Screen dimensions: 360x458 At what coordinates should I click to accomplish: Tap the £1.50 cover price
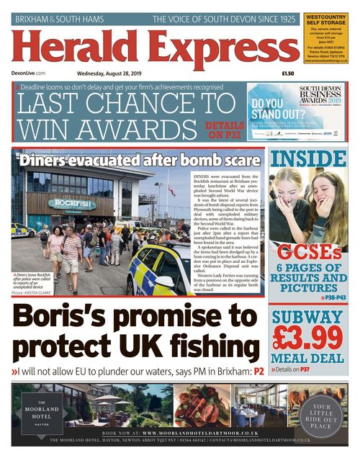(x=287, y=73)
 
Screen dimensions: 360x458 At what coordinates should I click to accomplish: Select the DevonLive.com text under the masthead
(x=30, y=73)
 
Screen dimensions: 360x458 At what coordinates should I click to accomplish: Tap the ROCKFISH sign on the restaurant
(x=71, y=204)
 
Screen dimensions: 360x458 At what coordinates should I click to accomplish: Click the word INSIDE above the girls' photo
(x=308, y=159)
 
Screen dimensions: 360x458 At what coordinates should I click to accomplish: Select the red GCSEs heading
(x=308, y=253)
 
